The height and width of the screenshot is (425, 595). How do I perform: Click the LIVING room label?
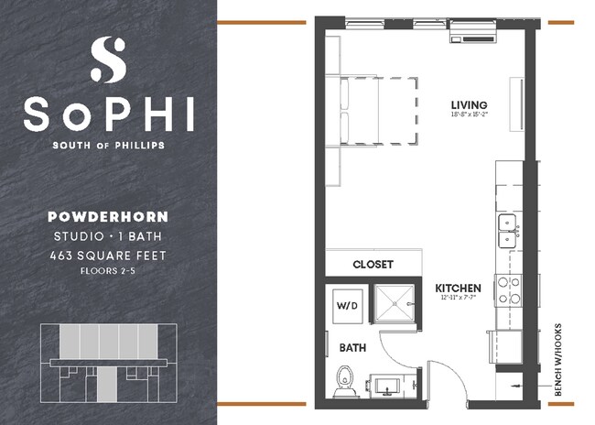468,104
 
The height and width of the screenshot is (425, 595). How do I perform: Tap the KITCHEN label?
457,288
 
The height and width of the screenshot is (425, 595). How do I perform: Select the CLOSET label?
373,264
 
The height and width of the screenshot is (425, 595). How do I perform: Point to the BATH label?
352,348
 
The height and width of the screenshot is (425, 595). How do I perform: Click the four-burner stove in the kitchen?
508,290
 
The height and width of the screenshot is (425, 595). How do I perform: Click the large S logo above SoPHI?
108,60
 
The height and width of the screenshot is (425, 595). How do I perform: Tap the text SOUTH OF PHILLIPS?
108,144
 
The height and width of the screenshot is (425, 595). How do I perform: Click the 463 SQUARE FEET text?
108,256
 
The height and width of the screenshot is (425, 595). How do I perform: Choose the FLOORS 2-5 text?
108,272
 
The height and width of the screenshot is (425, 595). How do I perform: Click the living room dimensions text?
468,116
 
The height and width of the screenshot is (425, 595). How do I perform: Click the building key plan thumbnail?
108,362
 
